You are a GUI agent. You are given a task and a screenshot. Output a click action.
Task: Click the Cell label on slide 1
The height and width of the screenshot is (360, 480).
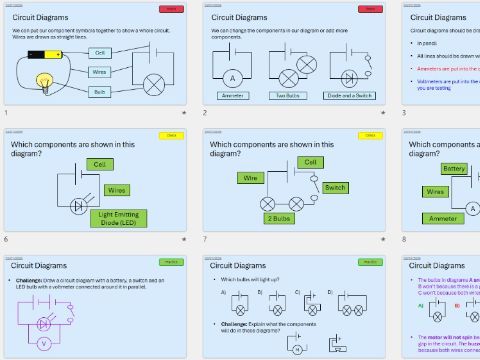tap(99, 52)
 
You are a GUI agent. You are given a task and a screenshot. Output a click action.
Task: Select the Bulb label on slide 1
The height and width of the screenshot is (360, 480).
tap(99, 91)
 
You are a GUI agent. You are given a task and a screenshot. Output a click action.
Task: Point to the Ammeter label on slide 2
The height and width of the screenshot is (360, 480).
tap(233, 96)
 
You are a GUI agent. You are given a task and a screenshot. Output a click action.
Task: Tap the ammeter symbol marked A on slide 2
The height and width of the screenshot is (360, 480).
tap(233, 77)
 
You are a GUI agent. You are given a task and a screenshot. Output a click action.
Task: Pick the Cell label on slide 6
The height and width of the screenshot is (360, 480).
tap(98, 164)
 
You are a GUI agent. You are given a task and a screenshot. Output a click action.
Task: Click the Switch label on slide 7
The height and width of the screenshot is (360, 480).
tap(336, 187)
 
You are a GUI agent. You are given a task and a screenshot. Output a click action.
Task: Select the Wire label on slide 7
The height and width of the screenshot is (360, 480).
tap(249, 177)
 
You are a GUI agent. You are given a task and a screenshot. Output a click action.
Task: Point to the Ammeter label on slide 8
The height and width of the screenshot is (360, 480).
tap(438, 217)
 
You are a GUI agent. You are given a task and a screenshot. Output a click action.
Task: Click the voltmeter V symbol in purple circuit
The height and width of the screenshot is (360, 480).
tap(43, 341)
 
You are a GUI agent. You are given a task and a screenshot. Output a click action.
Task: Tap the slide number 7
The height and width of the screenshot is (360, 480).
tap(204, 239)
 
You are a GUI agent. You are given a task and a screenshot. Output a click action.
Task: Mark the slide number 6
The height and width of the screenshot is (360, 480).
tap(6, 239)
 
